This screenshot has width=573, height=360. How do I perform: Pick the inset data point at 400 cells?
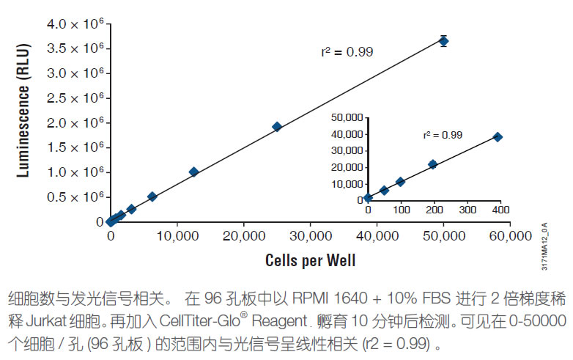click(x=498, y=137)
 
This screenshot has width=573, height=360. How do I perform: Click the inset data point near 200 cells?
click(x=432, y=164)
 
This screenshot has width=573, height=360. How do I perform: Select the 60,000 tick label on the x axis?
click(x=510, y=236)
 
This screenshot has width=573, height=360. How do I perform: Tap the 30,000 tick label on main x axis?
click(x=310, y=236)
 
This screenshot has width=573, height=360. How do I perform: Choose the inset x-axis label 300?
click(x=465, y=210)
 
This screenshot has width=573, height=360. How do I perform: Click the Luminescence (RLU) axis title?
click(x=23, y=121)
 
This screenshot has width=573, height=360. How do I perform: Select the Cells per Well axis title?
click(x=311, y=260)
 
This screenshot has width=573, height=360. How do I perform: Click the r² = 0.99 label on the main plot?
click(x=347, y=52)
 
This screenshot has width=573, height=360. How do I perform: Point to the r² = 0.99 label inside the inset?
click(x=443, y=135)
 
